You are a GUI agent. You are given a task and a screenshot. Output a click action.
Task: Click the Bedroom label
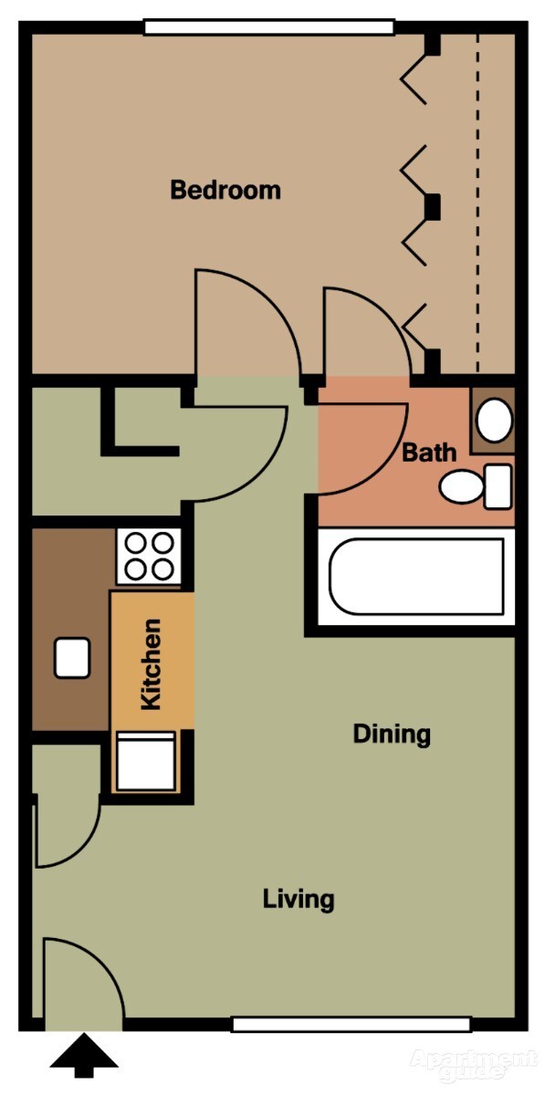click(225, 191)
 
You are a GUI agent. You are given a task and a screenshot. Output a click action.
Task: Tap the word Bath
click(429, 452)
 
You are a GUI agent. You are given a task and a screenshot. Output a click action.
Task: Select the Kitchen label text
click(152, 663)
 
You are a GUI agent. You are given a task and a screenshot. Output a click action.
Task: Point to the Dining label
click(392, 734)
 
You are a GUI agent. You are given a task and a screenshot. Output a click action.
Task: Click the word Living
click(299, 900)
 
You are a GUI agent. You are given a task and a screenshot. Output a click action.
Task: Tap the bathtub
click(416, 577)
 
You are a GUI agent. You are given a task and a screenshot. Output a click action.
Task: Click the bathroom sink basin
click(495, 420)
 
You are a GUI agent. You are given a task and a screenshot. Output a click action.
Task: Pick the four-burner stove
click(150, 557)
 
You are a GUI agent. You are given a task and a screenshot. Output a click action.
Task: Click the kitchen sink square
click(72, 657)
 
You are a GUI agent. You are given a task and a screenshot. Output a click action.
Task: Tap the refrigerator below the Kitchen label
click(145, 762)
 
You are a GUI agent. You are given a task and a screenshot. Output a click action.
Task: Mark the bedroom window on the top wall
click(269, 27)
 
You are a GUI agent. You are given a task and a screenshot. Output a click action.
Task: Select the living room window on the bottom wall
click(351, 1024)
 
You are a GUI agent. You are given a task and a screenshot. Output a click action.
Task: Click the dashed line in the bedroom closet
click(476, 201)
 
